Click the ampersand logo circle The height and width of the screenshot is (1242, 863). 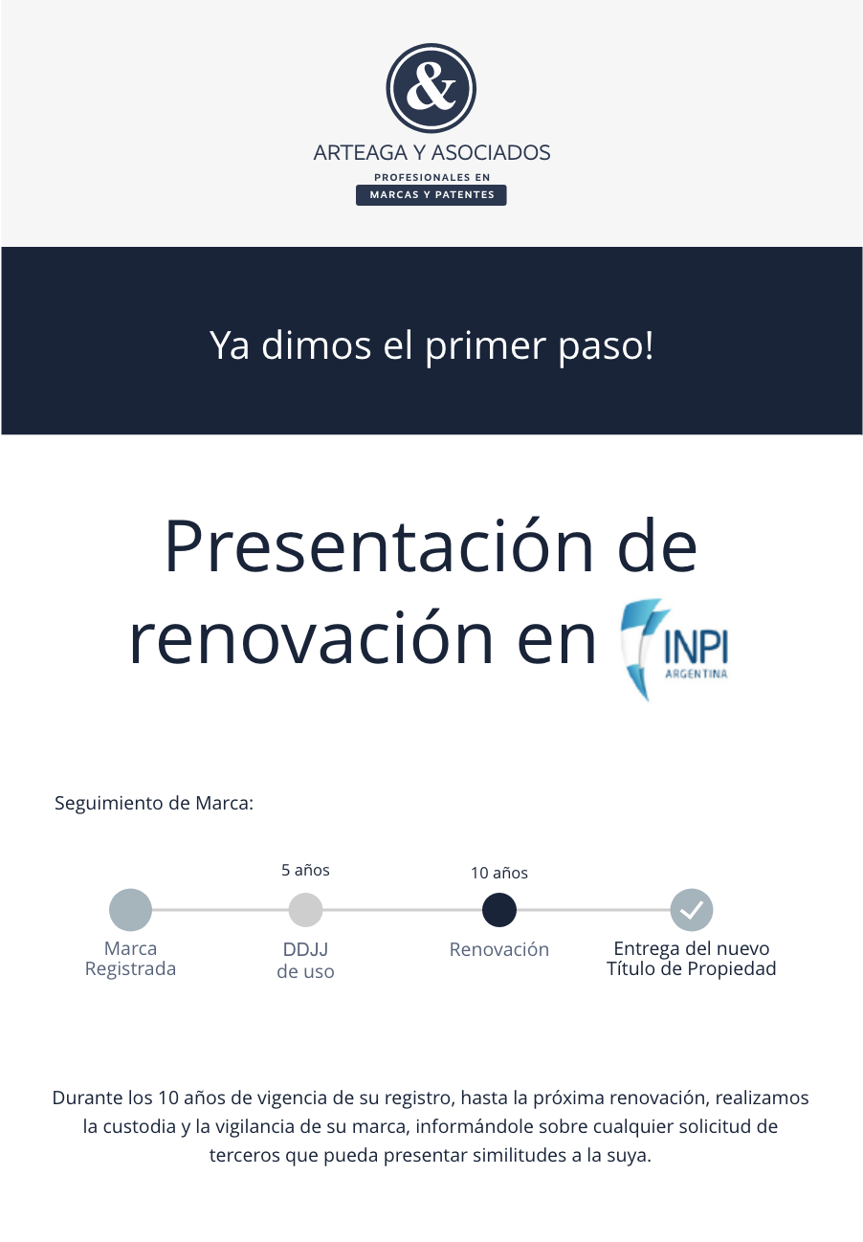coord(431,88)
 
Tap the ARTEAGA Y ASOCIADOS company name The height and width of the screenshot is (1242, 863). coord(431,152)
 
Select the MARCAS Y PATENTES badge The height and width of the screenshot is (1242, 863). coord(431,195)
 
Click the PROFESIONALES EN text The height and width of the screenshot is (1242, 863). coord(431,177)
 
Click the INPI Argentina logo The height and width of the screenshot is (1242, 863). coord(675,650)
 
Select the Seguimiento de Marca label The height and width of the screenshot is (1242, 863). coord(154,804)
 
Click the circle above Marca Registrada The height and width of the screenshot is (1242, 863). coord(130,910)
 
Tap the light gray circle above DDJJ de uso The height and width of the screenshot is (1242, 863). coord(305,910)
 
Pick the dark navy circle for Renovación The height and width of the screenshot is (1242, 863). coord(498,910)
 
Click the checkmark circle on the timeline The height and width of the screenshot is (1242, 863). coord(691,910)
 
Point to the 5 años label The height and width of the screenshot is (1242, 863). coord(305,870)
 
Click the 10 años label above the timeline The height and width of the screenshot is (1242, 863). coord(498,874)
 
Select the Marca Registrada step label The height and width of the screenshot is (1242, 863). coord(130,959)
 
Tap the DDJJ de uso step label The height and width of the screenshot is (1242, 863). coord(305,961)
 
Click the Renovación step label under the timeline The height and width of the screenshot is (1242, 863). coord(498,949)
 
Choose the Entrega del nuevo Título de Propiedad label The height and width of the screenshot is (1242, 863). coord(691,959)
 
